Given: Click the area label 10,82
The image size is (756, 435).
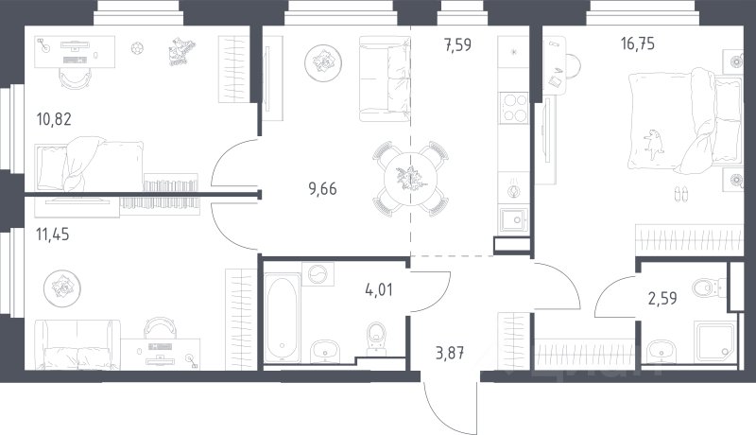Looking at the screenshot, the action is coord(54,118).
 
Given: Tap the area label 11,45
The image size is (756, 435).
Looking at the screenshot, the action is coord(53,235).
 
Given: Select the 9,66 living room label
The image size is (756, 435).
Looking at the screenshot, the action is coord(322,188).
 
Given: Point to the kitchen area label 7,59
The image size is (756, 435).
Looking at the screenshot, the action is coord(458,44).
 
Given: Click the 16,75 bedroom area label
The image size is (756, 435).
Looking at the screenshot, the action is coord(637,43).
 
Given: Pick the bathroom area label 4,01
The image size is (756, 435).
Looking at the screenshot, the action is coord(379,289).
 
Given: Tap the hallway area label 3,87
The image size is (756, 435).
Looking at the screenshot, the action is coord(450,353).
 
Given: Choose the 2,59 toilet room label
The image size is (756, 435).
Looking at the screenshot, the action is coord(662,299).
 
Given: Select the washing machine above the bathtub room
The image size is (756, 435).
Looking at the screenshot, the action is coord(318,274).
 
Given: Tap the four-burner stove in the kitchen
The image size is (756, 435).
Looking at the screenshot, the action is coord(515,107).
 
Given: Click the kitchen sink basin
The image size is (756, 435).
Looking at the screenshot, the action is coord(514,220).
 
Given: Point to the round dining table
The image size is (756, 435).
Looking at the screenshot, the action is coord(410,179).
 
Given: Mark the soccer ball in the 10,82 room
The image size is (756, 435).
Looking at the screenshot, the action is coord(137,48).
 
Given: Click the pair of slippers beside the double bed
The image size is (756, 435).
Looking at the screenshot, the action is coord(681,194).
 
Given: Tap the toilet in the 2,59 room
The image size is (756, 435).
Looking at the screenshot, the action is coord(709,288).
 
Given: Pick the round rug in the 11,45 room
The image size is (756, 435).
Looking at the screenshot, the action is coord(62,288).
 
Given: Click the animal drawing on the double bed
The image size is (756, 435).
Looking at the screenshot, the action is coord(653,143).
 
